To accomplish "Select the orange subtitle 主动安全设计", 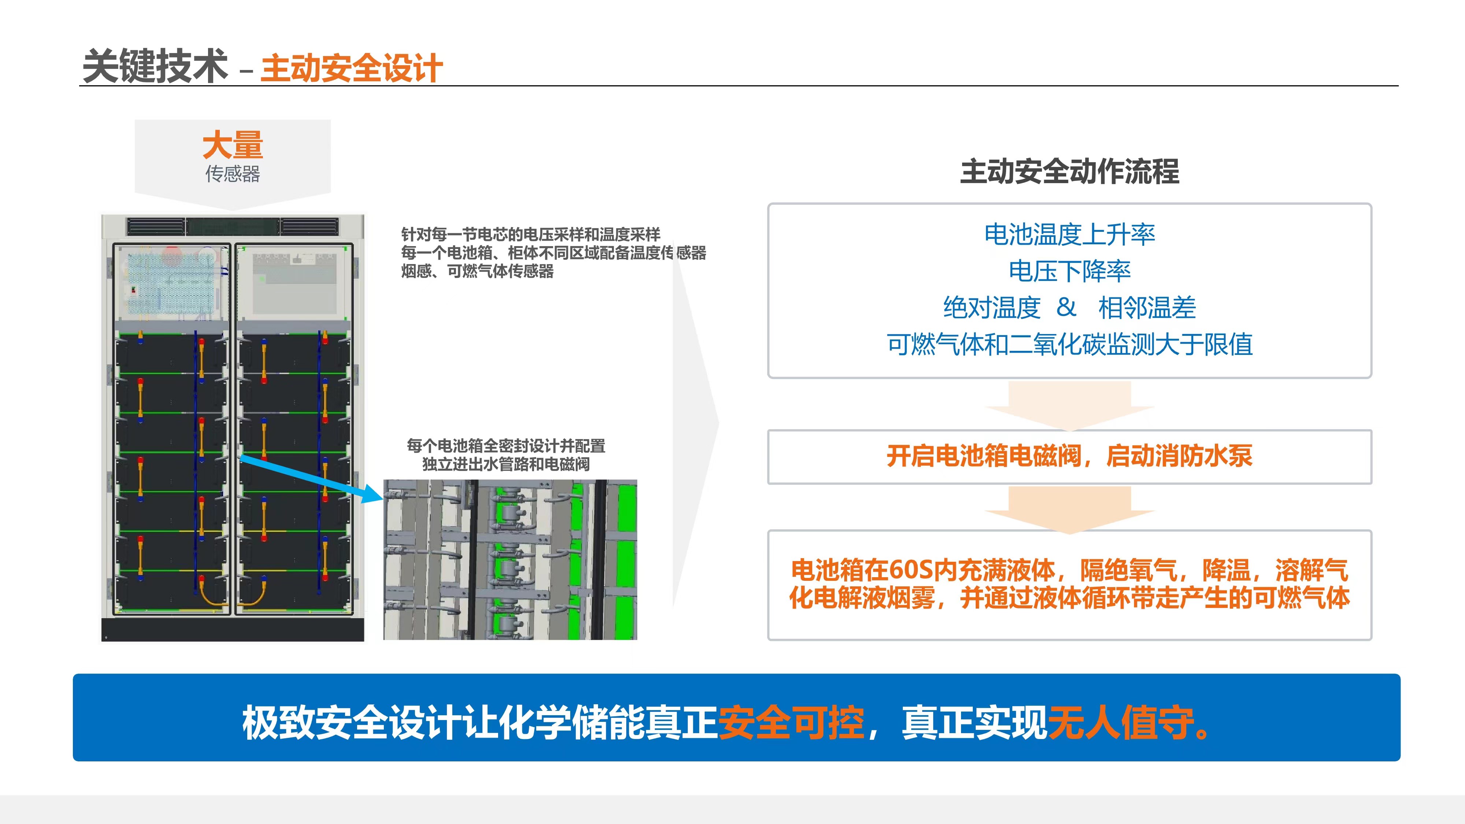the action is point(352,68).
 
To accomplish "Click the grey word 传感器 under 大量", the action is point(233,174).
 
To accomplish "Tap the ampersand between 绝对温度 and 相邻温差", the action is point(1066,308).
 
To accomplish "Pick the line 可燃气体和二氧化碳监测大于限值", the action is point(1070,344).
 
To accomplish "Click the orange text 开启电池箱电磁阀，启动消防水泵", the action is point(1070,456).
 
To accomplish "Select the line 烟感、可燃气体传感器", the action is point(478,271).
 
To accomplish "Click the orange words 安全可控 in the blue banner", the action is point(791,723).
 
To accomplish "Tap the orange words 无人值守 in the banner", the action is point(1121,723).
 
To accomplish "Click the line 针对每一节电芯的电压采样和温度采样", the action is point(531,234).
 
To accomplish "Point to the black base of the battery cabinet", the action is point(233,629).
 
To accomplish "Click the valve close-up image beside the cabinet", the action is point(510,560).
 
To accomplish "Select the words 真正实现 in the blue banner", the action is point(975,723).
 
